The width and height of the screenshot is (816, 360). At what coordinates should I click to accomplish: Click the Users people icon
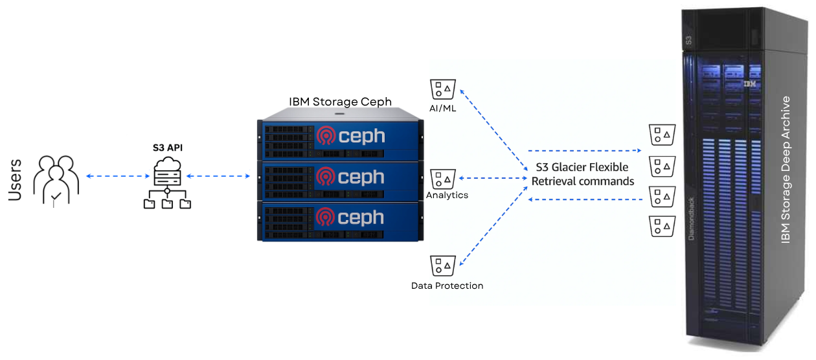pyautogui.click(x=56, y=181)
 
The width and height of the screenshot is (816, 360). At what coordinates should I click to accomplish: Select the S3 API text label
pyautogui.click(x=167, y=148)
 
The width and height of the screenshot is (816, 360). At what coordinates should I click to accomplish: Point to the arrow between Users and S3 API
pyautogui.click(x=114, y=176)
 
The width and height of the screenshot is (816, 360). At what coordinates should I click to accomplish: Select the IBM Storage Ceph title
pyautogui.click(x=340, y=102)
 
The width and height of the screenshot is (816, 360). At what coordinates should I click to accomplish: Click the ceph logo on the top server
pyautogui.click(x=350, y=137)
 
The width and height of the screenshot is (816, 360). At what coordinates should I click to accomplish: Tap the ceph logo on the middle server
pyautogui.click(x=350, y=177)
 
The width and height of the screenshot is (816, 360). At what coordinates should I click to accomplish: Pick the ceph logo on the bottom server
pyautogui.click(x=350, y=218)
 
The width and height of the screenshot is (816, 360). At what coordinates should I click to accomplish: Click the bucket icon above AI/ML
pyautogui.click(x=443, y=89)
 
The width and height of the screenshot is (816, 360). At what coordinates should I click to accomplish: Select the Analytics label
pyautogui.click(x=447, y=195)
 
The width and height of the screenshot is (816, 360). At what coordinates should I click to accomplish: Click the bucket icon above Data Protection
pyautogui.click(x=443, y=265)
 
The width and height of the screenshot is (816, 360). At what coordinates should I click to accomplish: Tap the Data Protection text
pyautogui.click(x=447, y=286)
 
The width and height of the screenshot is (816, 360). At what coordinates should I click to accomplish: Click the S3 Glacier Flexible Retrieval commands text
pyautogui.click(x=583, y=174)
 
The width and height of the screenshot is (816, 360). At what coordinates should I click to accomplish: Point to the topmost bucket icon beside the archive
pyautogui.click(x=663, y=135)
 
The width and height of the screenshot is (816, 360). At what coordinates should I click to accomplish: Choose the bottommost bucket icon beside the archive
pyautogui.click(x=663, y=226)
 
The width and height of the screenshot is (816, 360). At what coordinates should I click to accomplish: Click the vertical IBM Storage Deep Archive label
pyautogui.click(x=786, y=170)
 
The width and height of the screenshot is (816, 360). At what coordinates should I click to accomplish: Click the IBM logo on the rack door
pyautogui.click(x=750, y=84)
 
